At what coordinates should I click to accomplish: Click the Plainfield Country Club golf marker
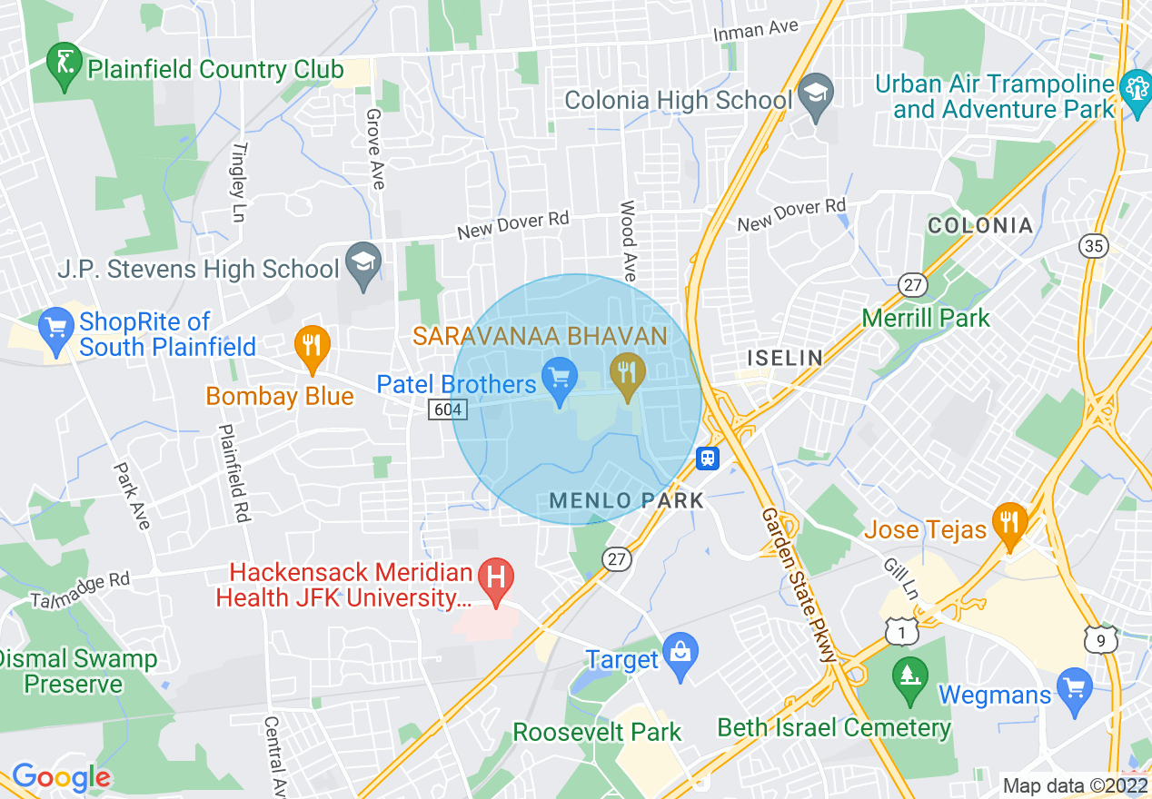coord(65,63)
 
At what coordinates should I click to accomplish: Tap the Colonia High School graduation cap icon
coord(816,94)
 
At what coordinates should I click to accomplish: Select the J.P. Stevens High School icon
coord(364,263)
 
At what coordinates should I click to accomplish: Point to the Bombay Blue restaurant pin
coord(312,346)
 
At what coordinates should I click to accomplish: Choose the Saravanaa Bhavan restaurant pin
coord(627,372)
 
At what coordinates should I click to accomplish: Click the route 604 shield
coord(448,410)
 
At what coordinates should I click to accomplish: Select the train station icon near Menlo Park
coord(709,459)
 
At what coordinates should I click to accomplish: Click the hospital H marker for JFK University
coord(496,579)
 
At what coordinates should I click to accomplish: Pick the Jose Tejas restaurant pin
coord(1010,523)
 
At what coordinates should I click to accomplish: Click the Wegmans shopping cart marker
coord(1075,686)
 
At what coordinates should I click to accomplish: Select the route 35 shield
coord(1093,245)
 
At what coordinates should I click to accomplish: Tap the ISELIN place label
coord(784,359)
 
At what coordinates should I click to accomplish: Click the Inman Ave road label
coord(755,30)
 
